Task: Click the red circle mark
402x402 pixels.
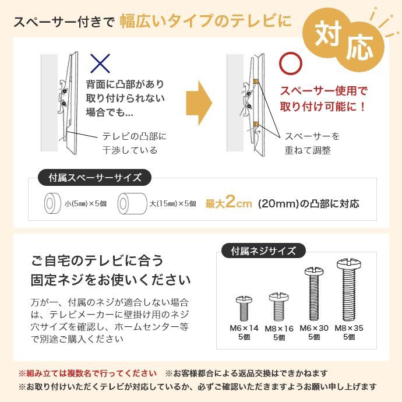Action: (x=291, y=63)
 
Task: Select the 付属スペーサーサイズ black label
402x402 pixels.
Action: (x=94, y=177)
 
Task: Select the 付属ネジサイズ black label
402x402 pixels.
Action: (x=263, y=252)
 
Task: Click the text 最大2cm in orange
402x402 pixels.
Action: (x=228, y=203)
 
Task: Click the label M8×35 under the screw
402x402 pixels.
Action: (x=350, y=329)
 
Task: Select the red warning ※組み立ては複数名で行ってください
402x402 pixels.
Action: (x=88, y=373)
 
